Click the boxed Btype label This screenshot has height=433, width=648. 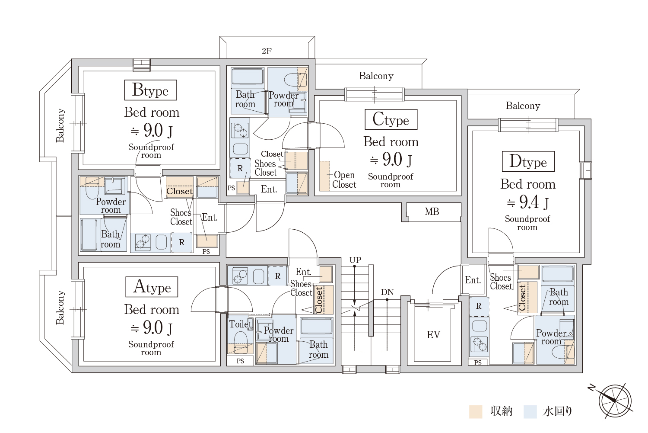click(x=150, y=90)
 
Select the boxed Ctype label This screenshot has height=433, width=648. click(x=391, y=119)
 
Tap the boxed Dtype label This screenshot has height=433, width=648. click(x=528, y=161)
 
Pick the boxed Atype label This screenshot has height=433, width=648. click(x=152, y=287)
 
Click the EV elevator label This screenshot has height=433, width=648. click(x=433, y=335)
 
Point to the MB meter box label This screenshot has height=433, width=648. click(x=432, y=212)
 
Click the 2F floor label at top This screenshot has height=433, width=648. click(x=267, y=51)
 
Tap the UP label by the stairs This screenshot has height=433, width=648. click(x=355, y=260)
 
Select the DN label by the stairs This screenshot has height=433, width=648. click(x=388, y=292)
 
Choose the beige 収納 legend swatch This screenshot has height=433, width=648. click(x=476, y=411)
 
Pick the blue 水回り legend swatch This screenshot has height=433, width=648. click(x=530, y=411)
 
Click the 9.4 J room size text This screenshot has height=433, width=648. click(x=528, y=202)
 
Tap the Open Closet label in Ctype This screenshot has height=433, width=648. click(x=344, y=180)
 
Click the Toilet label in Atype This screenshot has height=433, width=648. click(x=240, y=324)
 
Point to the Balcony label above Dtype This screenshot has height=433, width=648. click(x=523, y=106)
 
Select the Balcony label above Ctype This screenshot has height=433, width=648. click(x=376, y=76)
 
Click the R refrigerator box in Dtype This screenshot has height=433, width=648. click(x=479, y=306)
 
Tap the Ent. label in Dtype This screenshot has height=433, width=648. click(x=473, y=280)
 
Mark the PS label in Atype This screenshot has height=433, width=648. click(x=240, y=361)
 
